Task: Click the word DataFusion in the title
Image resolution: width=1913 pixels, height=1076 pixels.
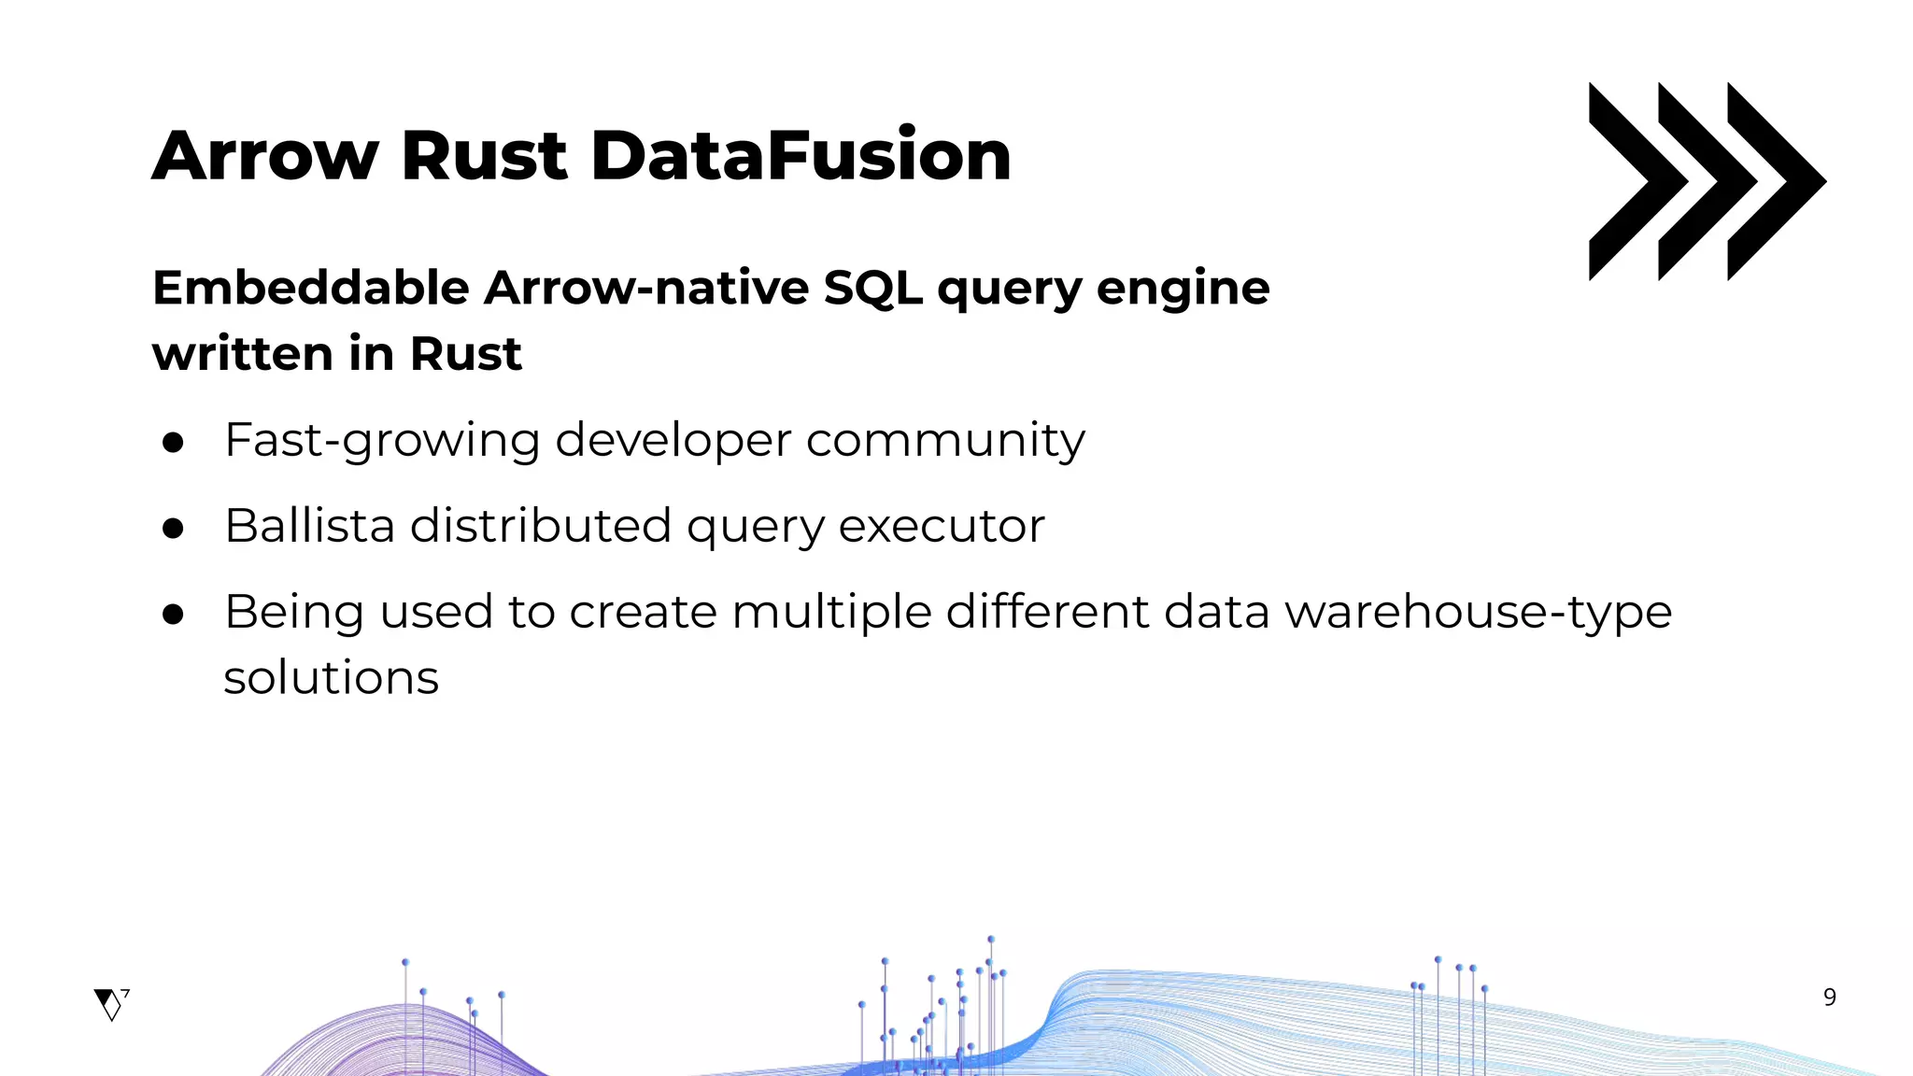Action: coord(801,155)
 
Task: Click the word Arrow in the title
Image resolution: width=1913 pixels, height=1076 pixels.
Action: coord(265,155)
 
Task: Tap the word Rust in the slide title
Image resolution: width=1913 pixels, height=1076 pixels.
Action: coord(484,155)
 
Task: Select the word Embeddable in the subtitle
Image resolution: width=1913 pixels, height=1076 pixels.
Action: coord(310,287)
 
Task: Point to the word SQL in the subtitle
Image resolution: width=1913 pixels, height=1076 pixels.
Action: coord(872,287)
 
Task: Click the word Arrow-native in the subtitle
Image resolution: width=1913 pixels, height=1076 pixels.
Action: coord(646,287)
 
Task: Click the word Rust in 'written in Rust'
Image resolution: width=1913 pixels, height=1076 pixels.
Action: coord(465,353)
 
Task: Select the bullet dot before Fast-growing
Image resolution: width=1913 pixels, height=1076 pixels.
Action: coord(173,443)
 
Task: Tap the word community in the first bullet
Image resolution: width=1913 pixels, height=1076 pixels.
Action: coord(945,441)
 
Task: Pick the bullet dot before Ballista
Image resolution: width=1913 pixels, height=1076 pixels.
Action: coord(173,529)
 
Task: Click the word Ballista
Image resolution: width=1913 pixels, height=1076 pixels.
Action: coord(309,525)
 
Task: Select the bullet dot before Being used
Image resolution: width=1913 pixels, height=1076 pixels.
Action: coord(173,615)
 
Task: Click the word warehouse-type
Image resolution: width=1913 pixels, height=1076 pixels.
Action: coord(1478,613)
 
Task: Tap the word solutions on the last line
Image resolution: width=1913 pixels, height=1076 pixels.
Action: coord(331,678)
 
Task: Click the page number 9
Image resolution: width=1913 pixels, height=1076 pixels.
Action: coord(1830,998)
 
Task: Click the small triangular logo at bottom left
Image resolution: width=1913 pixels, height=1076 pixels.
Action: coord(110,1004)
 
